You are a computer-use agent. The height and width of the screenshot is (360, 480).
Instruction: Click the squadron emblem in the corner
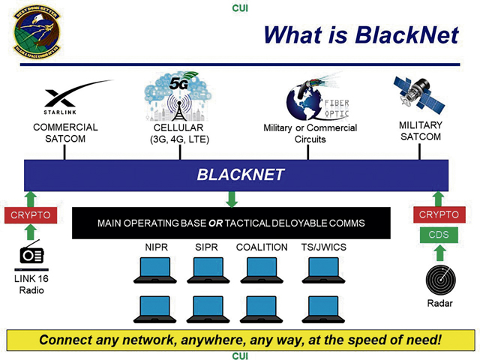point(34,31)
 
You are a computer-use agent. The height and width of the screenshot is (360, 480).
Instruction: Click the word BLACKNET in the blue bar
point(241,175)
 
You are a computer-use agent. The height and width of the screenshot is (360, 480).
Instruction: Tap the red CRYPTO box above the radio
point(30,215)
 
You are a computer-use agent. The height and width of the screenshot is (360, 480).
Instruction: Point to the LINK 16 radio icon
point(30,254)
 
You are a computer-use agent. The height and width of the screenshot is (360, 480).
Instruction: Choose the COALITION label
point(261,247)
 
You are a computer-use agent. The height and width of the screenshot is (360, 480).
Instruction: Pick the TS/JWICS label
point(324,247)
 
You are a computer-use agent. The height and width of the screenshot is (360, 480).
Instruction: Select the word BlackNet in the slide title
point(408,34)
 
